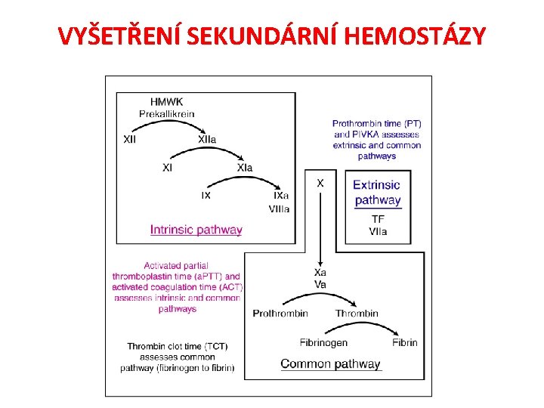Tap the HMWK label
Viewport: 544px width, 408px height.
(166, 102)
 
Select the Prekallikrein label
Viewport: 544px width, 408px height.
(166, 114)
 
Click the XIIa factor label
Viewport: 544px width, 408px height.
(207, 140)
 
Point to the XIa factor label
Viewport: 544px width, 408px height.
(245, 168)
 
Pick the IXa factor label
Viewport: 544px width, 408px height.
(281, 196)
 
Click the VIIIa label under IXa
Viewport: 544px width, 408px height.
(279, 209)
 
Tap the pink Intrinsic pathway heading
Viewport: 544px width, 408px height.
(196, 230)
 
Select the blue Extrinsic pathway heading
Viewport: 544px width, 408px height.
(377, 193)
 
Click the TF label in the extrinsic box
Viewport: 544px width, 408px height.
(378, 219)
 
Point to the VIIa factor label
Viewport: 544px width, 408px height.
(378, 231)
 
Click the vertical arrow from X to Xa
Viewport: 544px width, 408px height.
(320, 227)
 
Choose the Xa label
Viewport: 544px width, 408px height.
(320, 273)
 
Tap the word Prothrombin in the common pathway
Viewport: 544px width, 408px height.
(280, 314)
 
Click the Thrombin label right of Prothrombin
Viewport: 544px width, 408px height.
(357, 314)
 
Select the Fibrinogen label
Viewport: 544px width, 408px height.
(323, 342)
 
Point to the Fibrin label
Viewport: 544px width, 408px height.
(405, 342)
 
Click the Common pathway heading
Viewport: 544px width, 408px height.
(330, 364)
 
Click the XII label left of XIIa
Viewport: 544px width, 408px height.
(130, 140)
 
